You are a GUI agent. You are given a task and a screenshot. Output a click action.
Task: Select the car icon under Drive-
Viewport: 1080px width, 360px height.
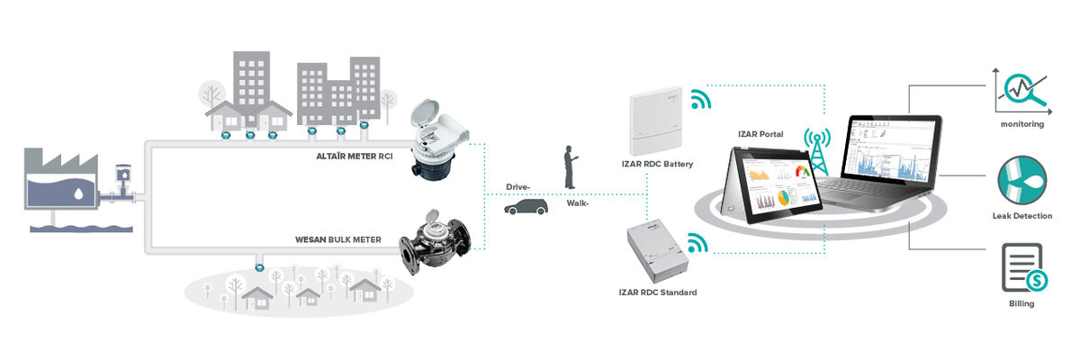pyautogui.click(x=526, y=208)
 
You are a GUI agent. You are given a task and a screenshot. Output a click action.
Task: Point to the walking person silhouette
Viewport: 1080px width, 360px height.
pyautogui.click(x=570, y=167)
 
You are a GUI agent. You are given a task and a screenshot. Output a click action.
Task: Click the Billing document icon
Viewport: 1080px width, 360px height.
pyautogui.click(x=1023, y=267)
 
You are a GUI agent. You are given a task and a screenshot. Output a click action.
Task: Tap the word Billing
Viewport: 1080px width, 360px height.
pyautogui.click(x=1021, y=304)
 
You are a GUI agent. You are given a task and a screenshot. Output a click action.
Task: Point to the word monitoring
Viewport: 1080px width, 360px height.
pyautogui.click(x=1021, y=124)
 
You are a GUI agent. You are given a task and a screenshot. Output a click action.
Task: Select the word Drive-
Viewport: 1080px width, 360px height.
pyautogui.click(x=517, y=187)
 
